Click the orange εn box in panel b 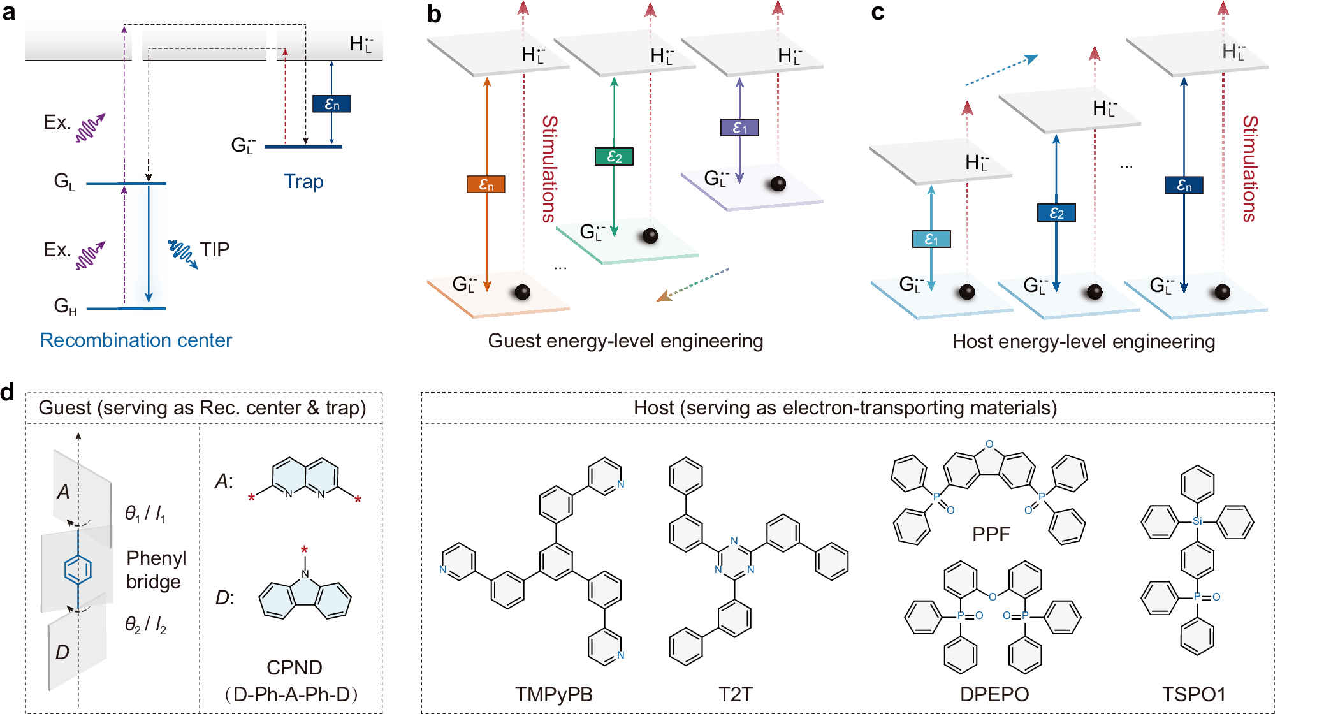tap(486, 184)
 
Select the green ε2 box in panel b tap(614, 156)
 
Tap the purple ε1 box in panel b tap(739, 127)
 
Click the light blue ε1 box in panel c tap(931, 239)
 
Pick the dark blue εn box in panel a tap(331, 103)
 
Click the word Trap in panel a tap(303, 182)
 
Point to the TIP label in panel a tap(214, 249)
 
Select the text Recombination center tap(136, 340)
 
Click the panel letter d tap(8, 392)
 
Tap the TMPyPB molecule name tap(554, 694)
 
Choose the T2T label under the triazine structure tap(735, 694)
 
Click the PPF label tap(991, 534)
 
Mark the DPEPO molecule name tap(994, 694)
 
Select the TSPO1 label tap(1194, 694)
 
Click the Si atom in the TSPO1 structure tap(1197, 521)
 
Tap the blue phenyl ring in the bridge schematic tap(78, 569)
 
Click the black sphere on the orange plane tap(522, 292)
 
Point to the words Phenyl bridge tap(156, 569)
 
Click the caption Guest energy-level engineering tap(625, 341)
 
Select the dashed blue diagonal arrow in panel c tap(1001, 71)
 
